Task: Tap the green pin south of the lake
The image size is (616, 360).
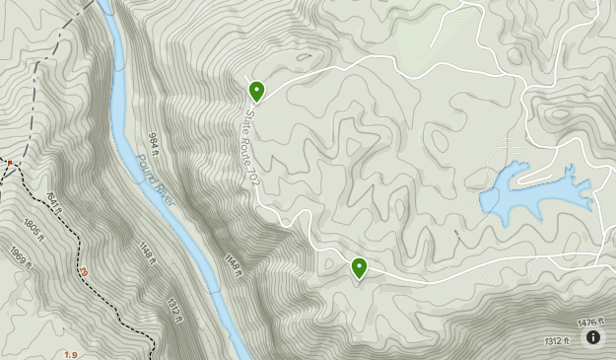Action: [x=359, y=266]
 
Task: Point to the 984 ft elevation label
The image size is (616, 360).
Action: [x=154, y=145]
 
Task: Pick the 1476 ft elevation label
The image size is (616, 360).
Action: [x=588, y=323]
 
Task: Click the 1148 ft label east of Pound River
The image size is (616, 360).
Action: [x=234, y=265]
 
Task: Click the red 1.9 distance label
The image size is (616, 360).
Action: [x=71, y=354]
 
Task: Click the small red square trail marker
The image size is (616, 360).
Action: [x=9, y=162]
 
